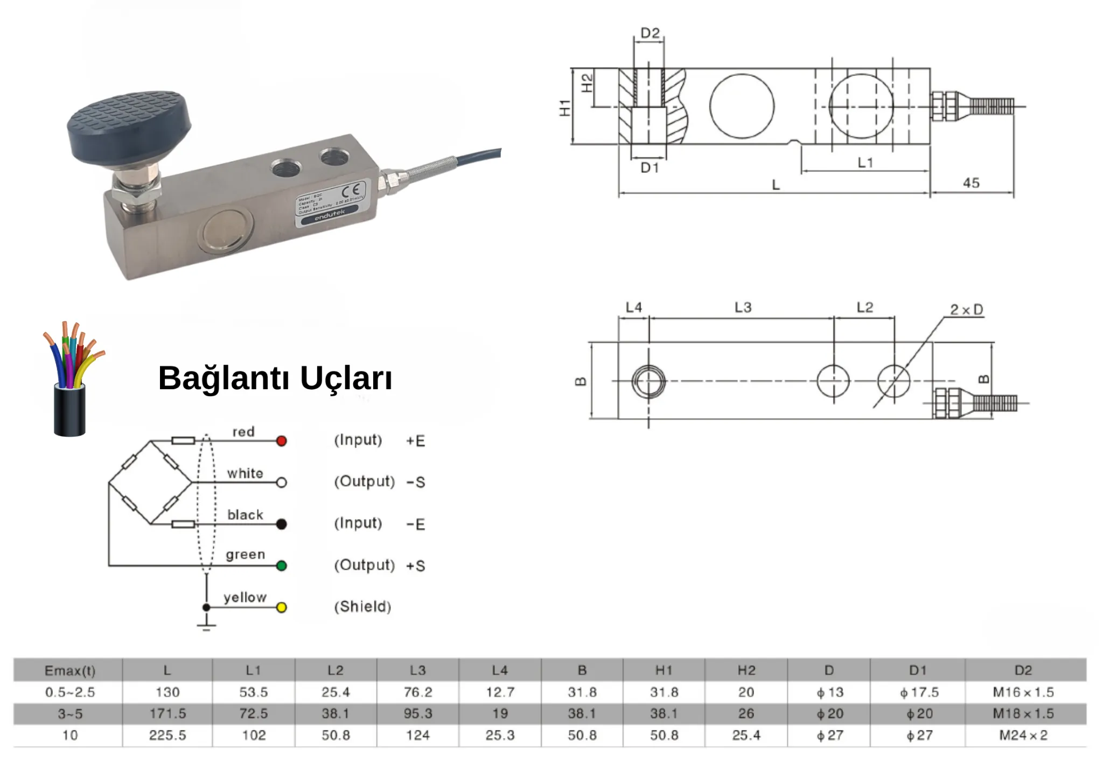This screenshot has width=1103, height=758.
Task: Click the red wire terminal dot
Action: (x=281, y=441)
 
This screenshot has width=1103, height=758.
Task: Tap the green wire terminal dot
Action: (x=281, y=566)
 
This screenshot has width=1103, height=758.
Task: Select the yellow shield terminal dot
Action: (x=281, y=607)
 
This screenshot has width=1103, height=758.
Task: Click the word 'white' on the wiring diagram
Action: (x=245, y=473)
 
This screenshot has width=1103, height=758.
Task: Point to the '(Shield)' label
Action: (x=362, y=607)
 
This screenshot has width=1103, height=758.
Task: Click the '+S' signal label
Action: (x=415, y=566)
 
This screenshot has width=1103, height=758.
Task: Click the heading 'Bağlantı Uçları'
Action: (x=275, y=378)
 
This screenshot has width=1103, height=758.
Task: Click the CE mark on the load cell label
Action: (x=351, y=190)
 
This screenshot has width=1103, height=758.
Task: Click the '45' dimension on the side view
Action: (x=971, y=183)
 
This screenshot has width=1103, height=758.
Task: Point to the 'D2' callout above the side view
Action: (x=650, y=33)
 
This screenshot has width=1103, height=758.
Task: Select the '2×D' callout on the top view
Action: (x=966, y=310)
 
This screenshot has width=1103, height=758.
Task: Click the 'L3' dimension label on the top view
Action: (x=743, y=307)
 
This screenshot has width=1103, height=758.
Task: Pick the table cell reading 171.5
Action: (x=167, y=714)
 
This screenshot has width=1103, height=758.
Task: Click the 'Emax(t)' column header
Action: (x=69, y=671)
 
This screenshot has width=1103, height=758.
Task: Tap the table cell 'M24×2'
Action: (x=1023, y=735)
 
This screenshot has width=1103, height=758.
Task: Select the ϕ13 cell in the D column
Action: (x=829, y=692)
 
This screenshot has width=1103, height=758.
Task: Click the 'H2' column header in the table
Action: (x=746, y=671)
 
